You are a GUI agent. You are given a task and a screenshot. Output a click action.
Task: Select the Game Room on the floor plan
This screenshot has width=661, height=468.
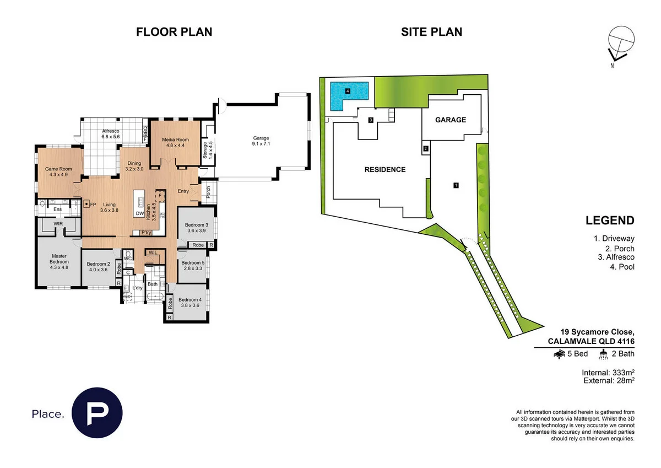tap(55, 171)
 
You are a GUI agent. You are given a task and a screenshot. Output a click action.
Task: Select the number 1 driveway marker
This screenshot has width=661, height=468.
tap(456, 186)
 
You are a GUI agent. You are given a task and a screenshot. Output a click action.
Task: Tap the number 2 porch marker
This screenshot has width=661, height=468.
tap(425, 148)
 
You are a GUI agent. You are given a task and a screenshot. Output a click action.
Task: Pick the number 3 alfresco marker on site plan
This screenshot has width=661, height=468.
tap(371, 120)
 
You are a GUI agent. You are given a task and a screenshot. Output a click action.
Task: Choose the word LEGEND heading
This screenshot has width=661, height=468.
tap(609, 221)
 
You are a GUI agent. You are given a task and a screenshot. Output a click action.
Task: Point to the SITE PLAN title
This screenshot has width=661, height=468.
tap(431, 32)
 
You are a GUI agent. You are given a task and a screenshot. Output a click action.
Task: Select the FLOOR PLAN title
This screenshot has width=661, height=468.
tap(174, 32)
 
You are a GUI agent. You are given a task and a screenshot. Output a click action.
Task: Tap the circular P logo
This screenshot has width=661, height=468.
tap(98, 413)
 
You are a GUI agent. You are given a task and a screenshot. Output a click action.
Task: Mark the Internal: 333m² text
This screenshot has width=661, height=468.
tap(608, 372)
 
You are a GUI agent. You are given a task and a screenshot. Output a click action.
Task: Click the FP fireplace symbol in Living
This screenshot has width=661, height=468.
tap(87, 204)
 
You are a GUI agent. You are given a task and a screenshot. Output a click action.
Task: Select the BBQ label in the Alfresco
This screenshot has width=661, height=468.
tap(145, 133)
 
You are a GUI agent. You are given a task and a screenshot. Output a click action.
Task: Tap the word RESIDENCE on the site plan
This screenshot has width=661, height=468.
tap(385, 170)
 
